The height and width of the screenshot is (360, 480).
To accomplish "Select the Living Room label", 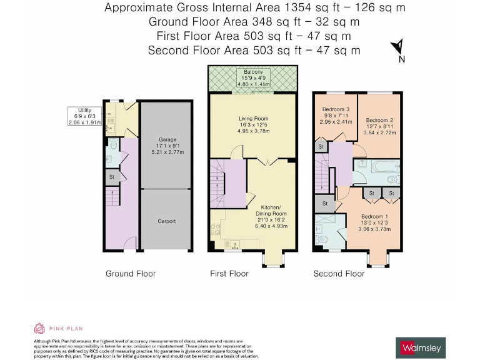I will point(253,117).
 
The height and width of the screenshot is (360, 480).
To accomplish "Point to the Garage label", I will point(166,141).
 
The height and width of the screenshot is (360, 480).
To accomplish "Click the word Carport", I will point(166,221).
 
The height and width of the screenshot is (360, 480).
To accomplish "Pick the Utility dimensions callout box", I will point(84,116).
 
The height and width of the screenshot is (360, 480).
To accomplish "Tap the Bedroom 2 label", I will point(379,120).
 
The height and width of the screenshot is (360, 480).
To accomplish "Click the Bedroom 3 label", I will point(334,109).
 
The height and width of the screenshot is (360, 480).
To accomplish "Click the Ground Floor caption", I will point(131,274).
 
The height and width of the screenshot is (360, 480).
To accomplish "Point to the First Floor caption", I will point(229,274).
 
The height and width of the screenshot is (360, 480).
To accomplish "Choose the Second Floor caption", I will point(338,274).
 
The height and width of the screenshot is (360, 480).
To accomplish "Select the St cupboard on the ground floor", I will point(111,177).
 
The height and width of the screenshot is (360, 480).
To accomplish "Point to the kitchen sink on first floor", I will point(236,244).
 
